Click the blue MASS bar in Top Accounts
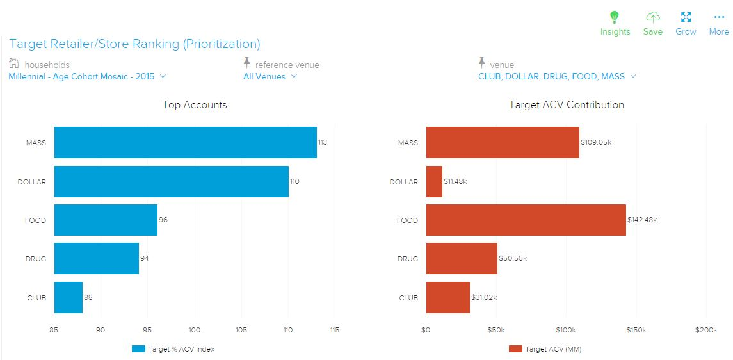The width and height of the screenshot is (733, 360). [x=185, y=142]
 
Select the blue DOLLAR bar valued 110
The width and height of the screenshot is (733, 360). [x=171, y=181]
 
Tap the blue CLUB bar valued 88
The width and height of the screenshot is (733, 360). [x=68, y=297]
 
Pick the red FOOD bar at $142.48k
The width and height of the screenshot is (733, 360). [x=526, y=220]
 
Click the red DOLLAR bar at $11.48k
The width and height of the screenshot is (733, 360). [x=434, y=181]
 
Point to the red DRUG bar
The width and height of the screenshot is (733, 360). [x=462, y=258]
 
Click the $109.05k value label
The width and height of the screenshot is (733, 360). [x=596, y=142]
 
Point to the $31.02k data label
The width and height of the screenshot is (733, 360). [x=485, y=297]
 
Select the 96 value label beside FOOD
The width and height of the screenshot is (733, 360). [x=163, y=220]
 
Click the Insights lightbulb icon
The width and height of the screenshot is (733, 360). [x=615, y=17]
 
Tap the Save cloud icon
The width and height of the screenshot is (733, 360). [x=652, y=17]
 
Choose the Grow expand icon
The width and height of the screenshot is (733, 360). [x=686, y=17]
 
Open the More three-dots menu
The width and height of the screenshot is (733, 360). [x=719, y=17]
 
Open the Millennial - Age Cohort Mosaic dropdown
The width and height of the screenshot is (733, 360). [x=87, y=76]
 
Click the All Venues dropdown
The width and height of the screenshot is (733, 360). [x=270, y=76]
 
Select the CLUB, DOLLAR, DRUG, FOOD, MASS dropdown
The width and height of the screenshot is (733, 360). [x=557, y=76]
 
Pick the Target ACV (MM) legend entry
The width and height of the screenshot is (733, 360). [x=545, y=349]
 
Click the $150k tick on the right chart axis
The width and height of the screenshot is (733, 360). [x=636, y=330]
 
